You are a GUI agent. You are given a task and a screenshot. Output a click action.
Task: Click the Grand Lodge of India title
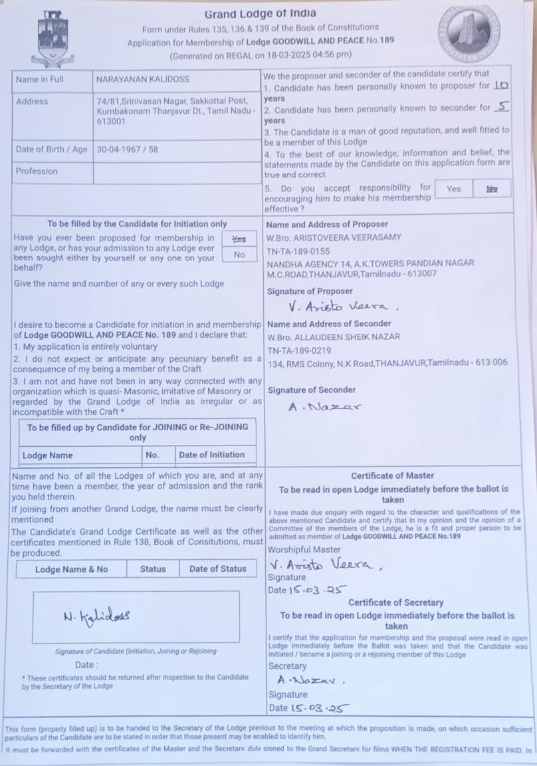coord(260,14)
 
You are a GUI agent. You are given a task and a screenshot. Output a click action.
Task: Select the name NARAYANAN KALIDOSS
coord(142,79)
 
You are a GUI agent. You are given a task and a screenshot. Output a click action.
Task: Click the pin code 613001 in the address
coord(111,122)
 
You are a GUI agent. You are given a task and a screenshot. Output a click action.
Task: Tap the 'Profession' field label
coord(37,171)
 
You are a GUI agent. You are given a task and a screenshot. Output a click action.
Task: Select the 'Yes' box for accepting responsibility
coord(454,189)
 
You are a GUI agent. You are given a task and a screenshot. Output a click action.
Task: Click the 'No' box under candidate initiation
coord(239,255)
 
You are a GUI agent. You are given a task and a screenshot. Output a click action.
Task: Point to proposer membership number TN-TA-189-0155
coord(298,251)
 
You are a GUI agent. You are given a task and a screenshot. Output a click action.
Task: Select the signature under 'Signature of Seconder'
coord(324,406)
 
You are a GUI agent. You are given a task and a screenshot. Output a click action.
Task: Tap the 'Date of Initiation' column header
coord(212,455)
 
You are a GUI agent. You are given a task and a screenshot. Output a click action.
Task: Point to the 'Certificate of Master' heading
coord(392,475)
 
